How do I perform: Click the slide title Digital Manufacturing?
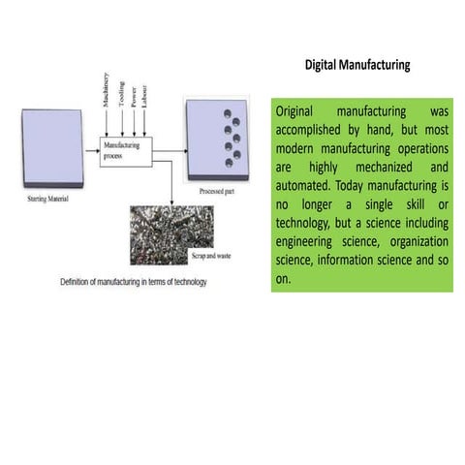click(x=357, y=66)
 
